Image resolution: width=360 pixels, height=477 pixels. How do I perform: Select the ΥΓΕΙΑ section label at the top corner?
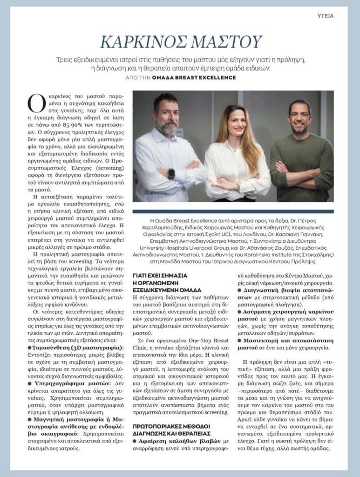pos(325,15)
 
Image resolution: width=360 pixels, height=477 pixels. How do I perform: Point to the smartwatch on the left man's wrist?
pos(171,173)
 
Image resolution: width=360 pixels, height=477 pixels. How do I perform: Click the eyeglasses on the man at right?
pos(299,115)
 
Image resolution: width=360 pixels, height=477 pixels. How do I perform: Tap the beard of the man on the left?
pos(166,126)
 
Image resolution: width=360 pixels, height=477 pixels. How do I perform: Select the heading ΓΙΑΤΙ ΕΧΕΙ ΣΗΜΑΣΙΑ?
pos(159,276)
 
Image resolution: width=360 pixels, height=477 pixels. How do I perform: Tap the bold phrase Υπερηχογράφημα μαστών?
pos(71,383)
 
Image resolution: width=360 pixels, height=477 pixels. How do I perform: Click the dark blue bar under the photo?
pos(233,212)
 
